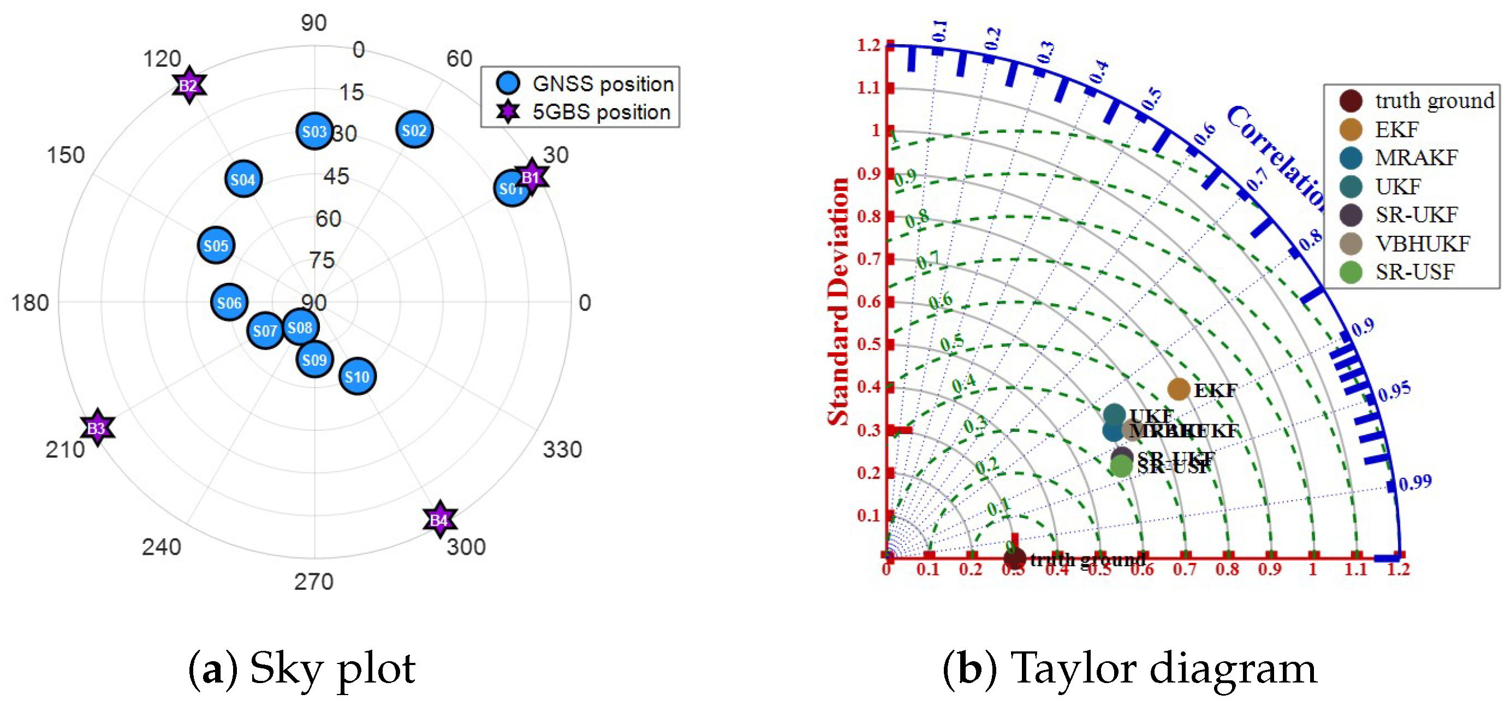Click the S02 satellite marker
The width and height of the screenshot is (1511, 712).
pos(414,129)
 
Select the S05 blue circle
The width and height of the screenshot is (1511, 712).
pos(216,245)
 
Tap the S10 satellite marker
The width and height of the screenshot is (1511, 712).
pos(357,376)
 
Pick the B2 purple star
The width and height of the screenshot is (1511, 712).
pos(189,86)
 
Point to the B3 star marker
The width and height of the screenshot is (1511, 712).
pos(97,428)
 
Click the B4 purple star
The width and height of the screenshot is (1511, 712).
pos(439,519)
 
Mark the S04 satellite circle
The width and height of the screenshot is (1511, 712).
pos(243,179)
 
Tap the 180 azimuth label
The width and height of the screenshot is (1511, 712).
pos(30,302)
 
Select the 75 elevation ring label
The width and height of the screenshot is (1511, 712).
pos(322,260)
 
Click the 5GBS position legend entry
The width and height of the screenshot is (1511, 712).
pos(600,111)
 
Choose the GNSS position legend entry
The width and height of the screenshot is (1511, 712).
pos(603,84)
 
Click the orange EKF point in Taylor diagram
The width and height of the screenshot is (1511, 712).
pos(1179,389)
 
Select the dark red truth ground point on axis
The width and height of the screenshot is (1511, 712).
pos(1014,558)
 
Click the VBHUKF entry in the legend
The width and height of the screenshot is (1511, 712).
pos(1422,244)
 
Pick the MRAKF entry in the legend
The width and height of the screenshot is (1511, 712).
pos(1416,157)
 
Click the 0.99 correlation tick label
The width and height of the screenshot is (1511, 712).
pos(1415,483)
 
